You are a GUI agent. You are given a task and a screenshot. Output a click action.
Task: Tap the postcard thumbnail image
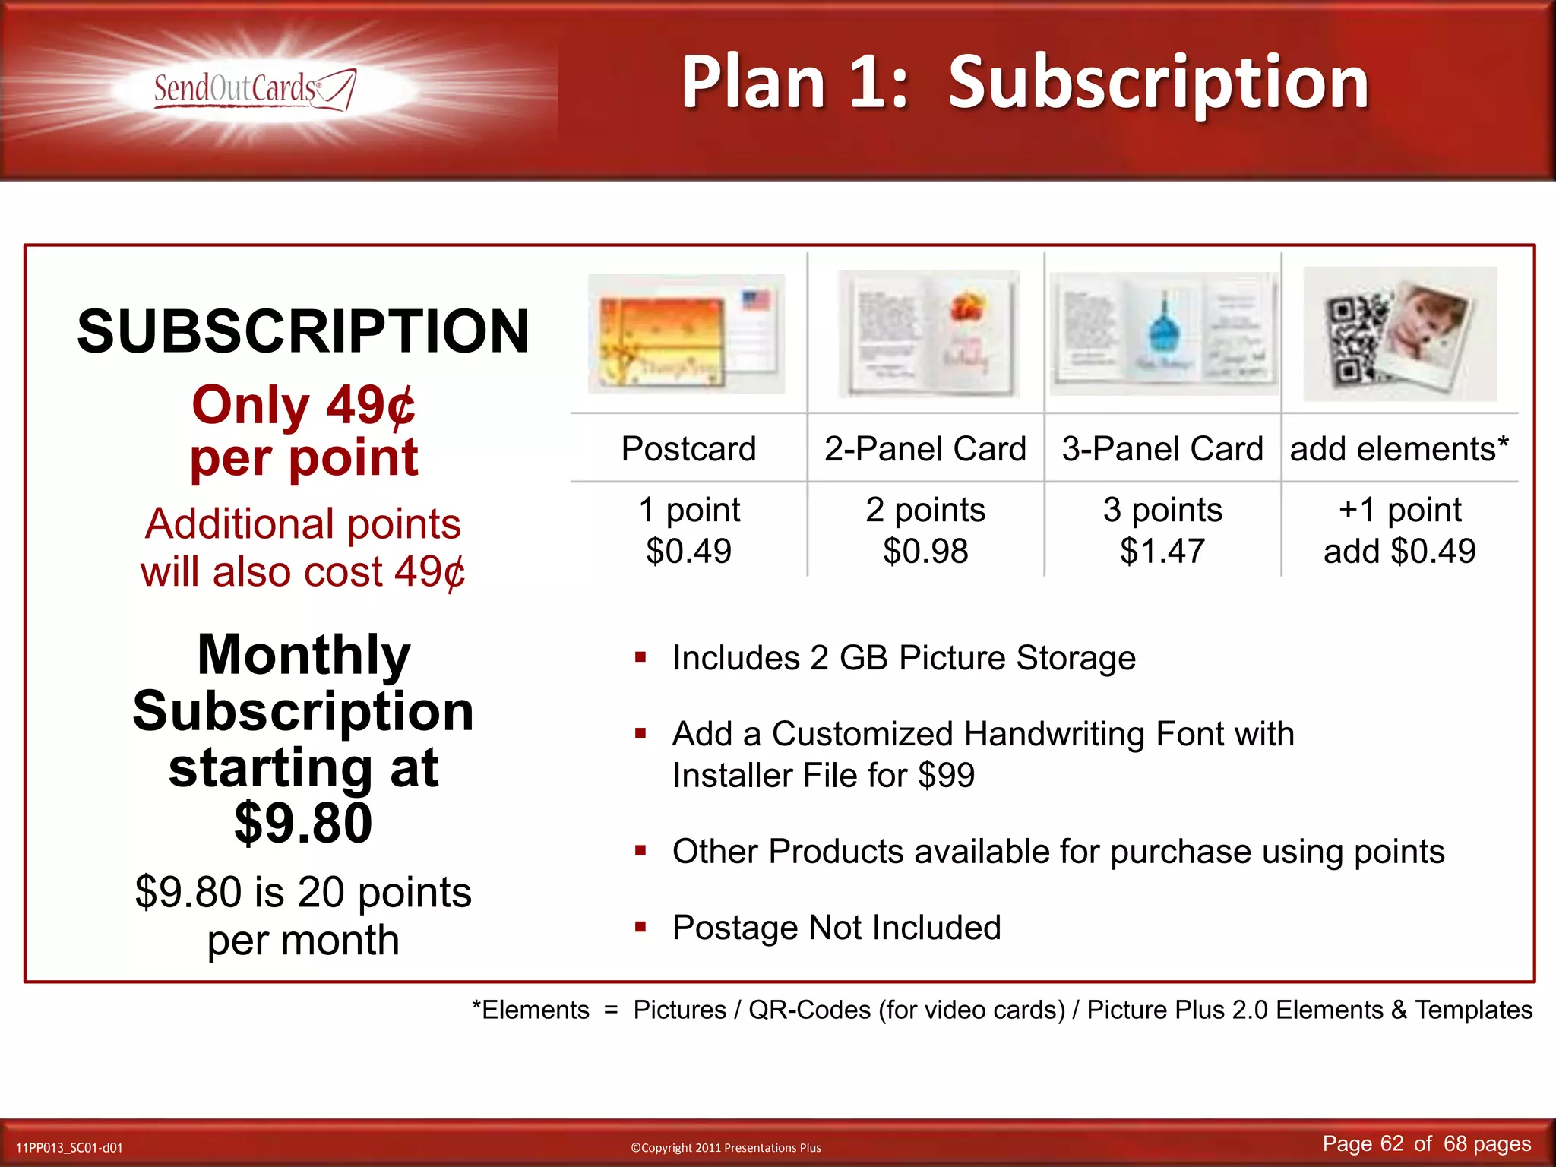686,334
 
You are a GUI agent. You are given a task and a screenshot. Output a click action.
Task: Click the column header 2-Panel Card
925,448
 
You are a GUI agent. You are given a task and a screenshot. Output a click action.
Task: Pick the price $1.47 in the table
1162,551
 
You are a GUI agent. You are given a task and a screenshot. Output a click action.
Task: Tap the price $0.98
925,551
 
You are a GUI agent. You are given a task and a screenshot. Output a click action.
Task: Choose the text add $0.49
1399,551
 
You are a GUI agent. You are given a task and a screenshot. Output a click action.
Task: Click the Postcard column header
688,448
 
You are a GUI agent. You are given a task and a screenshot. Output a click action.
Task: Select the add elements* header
1399,448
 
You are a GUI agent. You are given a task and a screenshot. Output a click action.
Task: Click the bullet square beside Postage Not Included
640,926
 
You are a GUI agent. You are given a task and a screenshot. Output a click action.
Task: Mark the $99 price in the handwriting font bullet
946,776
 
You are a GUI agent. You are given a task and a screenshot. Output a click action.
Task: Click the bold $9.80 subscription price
303,823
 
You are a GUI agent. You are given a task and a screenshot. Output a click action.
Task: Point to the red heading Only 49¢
303,405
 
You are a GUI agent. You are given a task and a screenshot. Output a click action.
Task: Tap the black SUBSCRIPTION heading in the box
303,331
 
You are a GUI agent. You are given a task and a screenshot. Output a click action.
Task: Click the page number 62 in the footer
1392,1143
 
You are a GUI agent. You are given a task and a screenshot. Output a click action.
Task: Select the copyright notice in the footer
726,1147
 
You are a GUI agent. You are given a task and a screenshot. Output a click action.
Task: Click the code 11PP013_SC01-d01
69,1147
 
